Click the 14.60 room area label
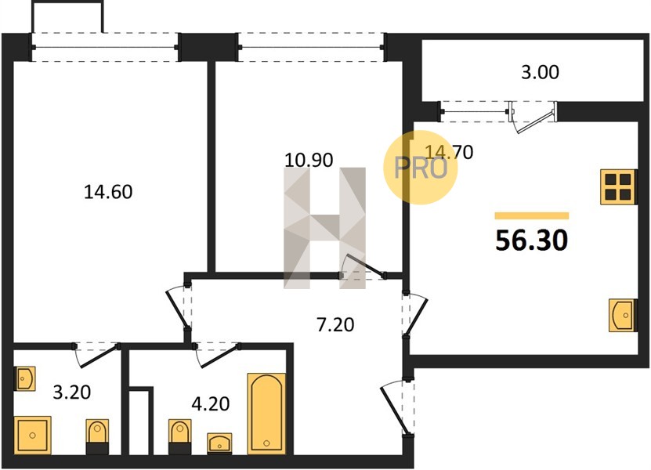tap(108, 192)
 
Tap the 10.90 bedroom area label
tap(309, 161)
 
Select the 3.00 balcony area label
tap(540, 72)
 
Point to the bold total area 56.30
tap(531, 240)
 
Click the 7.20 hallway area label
tap(335, 324)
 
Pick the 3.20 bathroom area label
tap(72, 392)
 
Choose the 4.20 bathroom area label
tap(211, 403)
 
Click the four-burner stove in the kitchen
tap(618, 187)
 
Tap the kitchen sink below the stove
tap(622, 315)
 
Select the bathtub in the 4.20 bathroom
tap(266, 414)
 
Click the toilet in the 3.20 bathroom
tap(97, 436)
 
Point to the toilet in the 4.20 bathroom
tap(179, 436)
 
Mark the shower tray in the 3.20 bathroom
tap(32, 435)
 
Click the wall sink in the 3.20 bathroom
tap(25, 378)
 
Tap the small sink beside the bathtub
tap(219, 443)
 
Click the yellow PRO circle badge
tap(420, 168)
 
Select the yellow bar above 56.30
tap(531, 215)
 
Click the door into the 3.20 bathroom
tap(96, 355)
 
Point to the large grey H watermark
tap(324, 228)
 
